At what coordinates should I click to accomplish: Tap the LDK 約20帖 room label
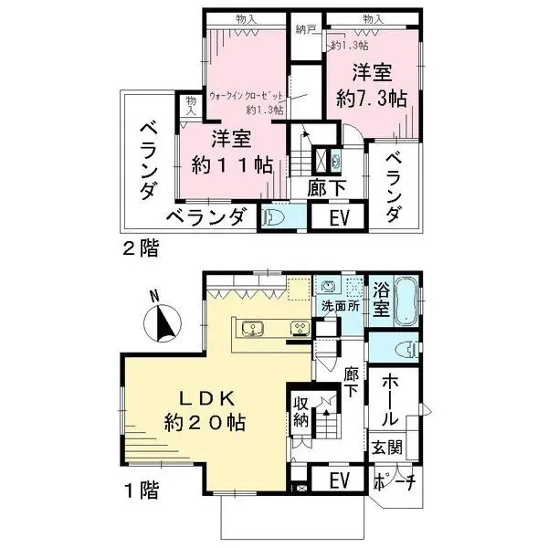(x=205, y=410)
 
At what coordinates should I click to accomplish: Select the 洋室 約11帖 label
(x=231, y=153)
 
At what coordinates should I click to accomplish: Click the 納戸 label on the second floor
(x=305, y=29)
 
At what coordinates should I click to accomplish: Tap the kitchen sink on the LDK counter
(x=252, y=329)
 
